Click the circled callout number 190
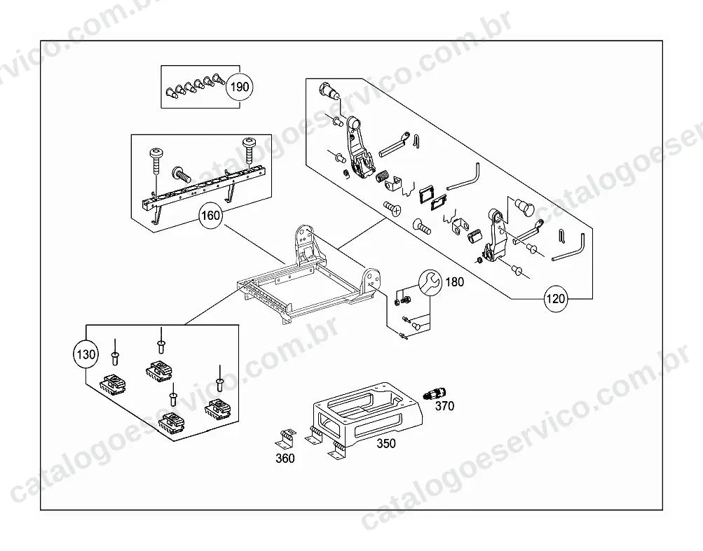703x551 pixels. pyautogui.click(x=239, y=86)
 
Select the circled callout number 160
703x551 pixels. pyautogui.click(x=211, y=216)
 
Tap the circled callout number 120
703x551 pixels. pyautogui.click(x=556, y=298)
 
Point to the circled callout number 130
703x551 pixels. pyautogui.click(x=86, y=355)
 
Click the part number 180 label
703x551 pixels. pyautogui.click(x=455, y=282)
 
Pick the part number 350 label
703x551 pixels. pyautogui.click(x=386, y=443)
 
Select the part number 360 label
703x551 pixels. pyautogui.click(x=285, y=459)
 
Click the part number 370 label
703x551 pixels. pyautogui.click(x=445, y=406)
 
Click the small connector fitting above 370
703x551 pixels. pyautogui.click(x=434, y=393)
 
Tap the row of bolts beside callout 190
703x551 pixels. pyautogui.click(x=195, y=86)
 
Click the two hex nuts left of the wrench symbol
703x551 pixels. pyautogui.click(x=402, y=299)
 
